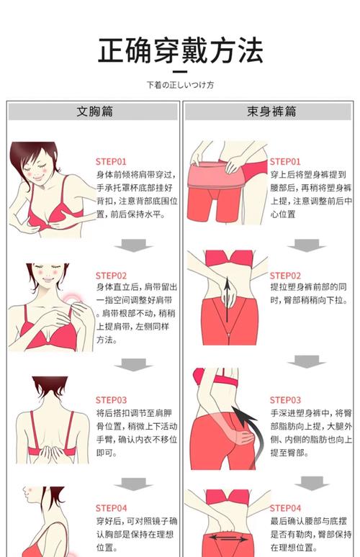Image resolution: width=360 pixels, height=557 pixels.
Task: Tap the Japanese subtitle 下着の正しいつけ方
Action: click(180, 85)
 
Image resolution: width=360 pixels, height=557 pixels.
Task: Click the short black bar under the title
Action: click(180, 71)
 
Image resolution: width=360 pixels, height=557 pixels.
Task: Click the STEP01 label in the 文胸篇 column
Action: click(111, 162)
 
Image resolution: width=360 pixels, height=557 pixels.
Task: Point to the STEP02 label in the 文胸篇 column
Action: click(111, 276)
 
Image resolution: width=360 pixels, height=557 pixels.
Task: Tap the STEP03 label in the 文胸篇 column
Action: click(111, 400)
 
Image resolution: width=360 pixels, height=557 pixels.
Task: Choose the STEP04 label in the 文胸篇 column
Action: click(111, 508)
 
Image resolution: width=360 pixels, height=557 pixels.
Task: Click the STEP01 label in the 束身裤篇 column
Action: click(285, 162)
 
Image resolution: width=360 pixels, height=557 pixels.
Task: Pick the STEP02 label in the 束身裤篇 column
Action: click(285, 276)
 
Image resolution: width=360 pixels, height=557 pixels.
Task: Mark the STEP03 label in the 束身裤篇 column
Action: click(285, 400)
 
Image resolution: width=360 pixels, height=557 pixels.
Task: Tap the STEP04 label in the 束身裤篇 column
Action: click(285, 508)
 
